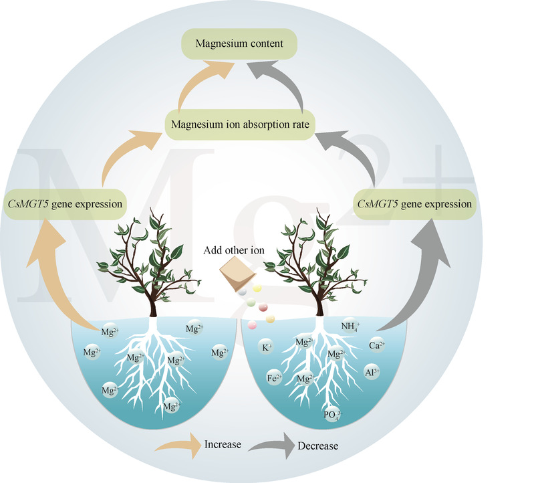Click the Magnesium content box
coord(239,44)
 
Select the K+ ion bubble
coord(266,348)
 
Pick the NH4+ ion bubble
coord(350,327)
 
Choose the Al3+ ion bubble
coord(372,372)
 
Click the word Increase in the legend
coord(223,445)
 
